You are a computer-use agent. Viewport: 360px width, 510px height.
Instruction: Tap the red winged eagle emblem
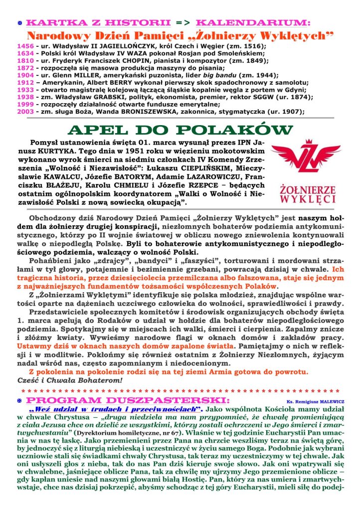[299, 160]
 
